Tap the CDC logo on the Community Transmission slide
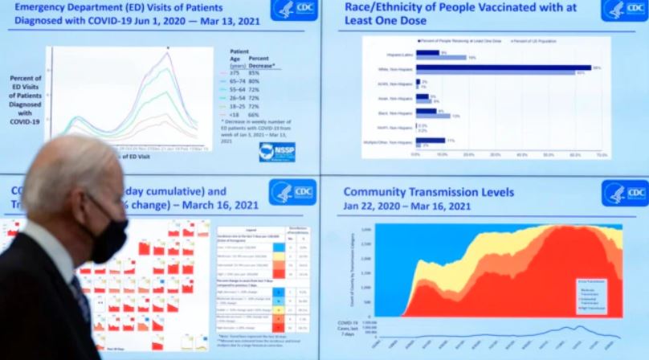click(624, 193)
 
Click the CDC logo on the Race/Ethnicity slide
click(624, 10)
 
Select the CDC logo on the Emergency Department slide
click(294, 10)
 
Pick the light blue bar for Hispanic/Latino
click(441, 58)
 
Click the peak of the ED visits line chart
click(168, 51)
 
